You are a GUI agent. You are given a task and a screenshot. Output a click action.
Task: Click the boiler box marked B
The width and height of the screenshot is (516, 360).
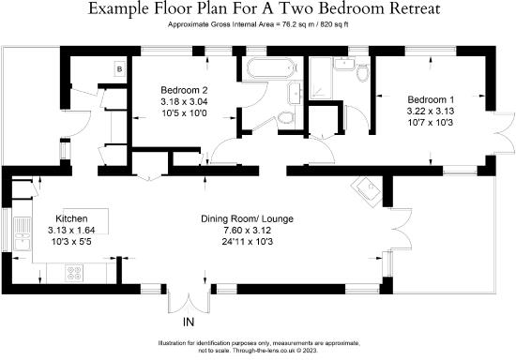tap(119, 68)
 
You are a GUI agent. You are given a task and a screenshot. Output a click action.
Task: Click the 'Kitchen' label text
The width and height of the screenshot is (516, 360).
tap(72, 216)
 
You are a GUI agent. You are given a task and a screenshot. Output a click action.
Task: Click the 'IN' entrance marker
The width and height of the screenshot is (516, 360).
tap(188, 322)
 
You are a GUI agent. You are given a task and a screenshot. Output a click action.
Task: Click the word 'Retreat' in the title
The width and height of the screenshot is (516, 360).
tap(393, 8)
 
